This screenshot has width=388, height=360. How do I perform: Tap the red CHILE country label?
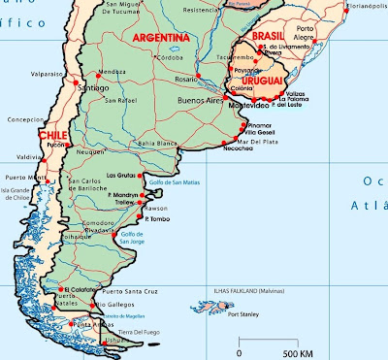point(52,135)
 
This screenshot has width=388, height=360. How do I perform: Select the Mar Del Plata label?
point(257,143)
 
